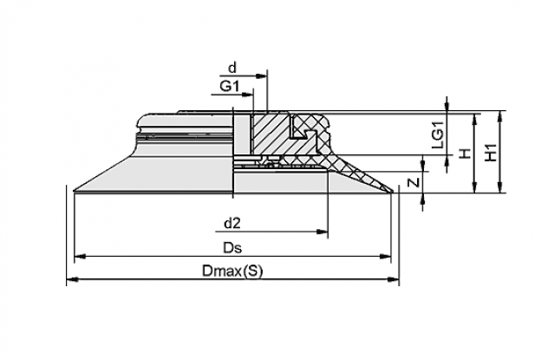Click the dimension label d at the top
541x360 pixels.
233,68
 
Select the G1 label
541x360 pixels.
230,86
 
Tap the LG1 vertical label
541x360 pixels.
438,135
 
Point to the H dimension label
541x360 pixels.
466,153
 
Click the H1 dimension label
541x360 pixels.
491,152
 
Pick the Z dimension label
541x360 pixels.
414,182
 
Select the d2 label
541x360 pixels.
232,224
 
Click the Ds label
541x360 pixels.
232,247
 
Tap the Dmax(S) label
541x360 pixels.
232,271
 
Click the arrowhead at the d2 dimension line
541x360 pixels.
323,232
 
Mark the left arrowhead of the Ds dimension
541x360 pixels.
80,257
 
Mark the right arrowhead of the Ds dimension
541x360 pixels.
386,257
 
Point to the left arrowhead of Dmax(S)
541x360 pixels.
72,279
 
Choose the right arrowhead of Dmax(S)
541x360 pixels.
394,279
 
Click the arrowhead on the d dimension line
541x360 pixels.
262,76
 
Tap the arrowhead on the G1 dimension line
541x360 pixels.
248,95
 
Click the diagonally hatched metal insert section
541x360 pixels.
270,134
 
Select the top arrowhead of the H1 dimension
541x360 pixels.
499,116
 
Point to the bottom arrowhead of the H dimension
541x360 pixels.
475,187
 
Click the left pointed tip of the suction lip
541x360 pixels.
75,190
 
